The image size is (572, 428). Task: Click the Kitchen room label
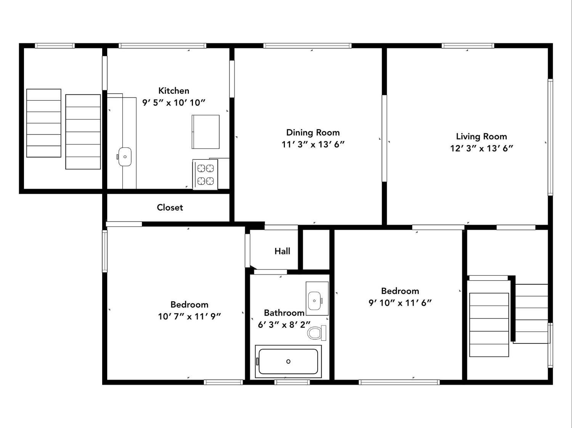174,91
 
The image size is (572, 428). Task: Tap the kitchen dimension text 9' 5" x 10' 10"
174,103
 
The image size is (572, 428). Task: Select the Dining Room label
313,133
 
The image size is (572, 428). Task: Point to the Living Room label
482,137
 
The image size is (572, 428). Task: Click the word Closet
170,208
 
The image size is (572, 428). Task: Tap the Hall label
282,251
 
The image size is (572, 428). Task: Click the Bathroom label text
284,313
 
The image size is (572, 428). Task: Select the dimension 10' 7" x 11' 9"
190,316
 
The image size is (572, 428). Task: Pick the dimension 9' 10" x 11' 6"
400,303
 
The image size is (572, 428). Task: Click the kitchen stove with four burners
205,174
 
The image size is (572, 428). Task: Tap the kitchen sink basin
125,157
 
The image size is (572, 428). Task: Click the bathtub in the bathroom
288,361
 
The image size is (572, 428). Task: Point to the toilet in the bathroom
317,333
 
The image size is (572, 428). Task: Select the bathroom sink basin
314,301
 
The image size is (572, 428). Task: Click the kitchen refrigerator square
206,132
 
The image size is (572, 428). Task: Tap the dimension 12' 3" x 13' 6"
482,148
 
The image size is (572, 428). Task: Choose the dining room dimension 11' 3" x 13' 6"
313,144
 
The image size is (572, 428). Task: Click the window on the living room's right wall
550,137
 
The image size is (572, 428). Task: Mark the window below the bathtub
292,382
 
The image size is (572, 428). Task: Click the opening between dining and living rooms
384,138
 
